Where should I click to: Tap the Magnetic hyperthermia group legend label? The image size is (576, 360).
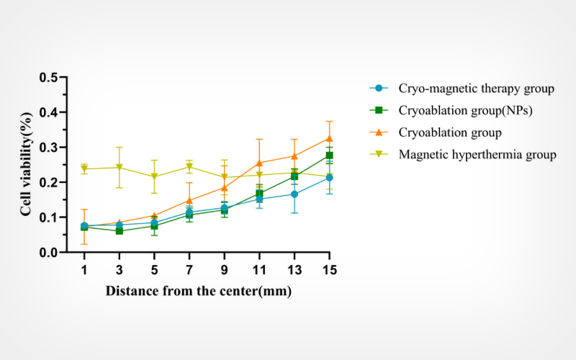(477, 155)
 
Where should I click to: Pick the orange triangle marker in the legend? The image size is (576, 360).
(379, 133)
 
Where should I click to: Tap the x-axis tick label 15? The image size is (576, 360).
(329, 270)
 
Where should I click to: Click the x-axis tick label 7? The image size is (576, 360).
(189, 270)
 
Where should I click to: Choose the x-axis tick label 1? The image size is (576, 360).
(85, 270)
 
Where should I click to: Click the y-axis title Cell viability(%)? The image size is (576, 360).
(27, 165)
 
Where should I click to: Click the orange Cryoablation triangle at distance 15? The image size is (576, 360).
(329, 138)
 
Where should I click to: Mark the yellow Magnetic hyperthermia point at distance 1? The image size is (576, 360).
(85, 169)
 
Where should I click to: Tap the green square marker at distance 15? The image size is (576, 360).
(329, 156)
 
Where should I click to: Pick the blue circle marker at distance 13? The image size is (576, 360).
(294, 194)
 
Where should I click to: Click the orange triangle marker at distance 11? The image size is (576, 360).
(259, 163)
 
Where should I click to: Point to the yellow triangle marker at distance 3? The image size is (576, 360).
(120, 168)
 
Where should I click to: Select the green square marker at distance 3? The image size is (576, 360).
(120, 231)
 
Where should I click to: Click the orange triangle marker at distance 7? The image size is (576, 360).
(189, 200)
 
